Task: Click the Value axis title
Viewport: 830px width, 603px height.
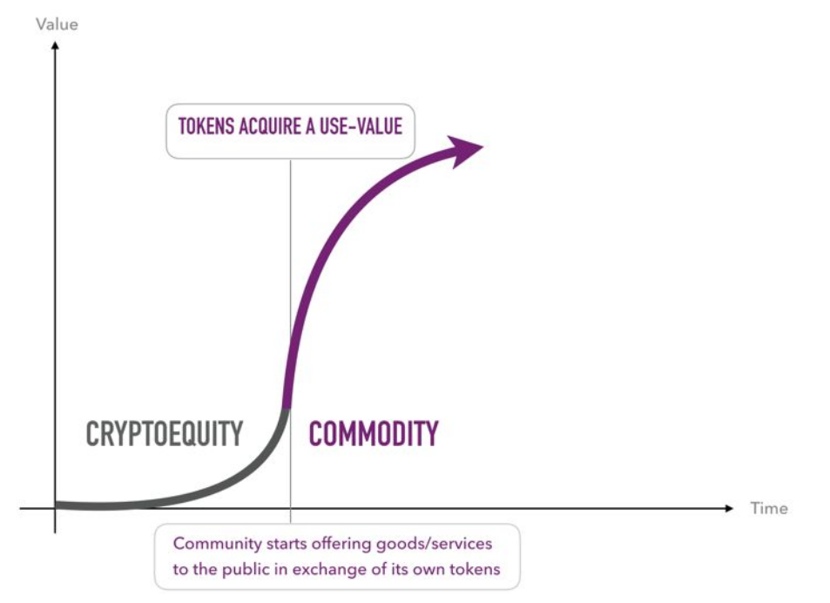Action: click(x=57, y=24)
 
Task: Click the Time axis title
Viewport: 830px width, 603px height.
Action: click(x=768, y=508)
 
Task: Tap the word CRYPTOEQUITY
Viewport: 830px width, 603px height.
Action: click(x=164, y=434)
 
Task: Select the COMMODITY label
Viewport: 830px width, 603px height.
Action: click(x=373, y=434)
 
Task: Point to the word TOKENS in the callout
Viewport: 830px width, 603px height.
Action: click(x=206, y=126)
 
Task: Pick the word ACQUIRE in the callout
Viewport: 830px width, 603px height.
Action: click(x=270, y=126)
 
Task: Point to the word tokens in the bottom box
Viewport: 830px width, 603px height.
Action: click(x=475, y=570)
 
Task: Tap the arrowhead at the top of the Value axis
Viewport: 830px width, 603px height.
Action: click(x=55, y=45)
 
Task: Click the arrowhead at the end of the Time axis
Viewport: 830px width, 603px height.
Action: click(x=729, y=508)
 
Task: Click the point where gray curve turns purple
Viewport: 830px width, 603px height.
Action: click(x=287, y=409)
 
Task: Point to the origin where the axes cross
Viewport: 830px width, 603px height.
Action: click(x=55, y=508)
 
